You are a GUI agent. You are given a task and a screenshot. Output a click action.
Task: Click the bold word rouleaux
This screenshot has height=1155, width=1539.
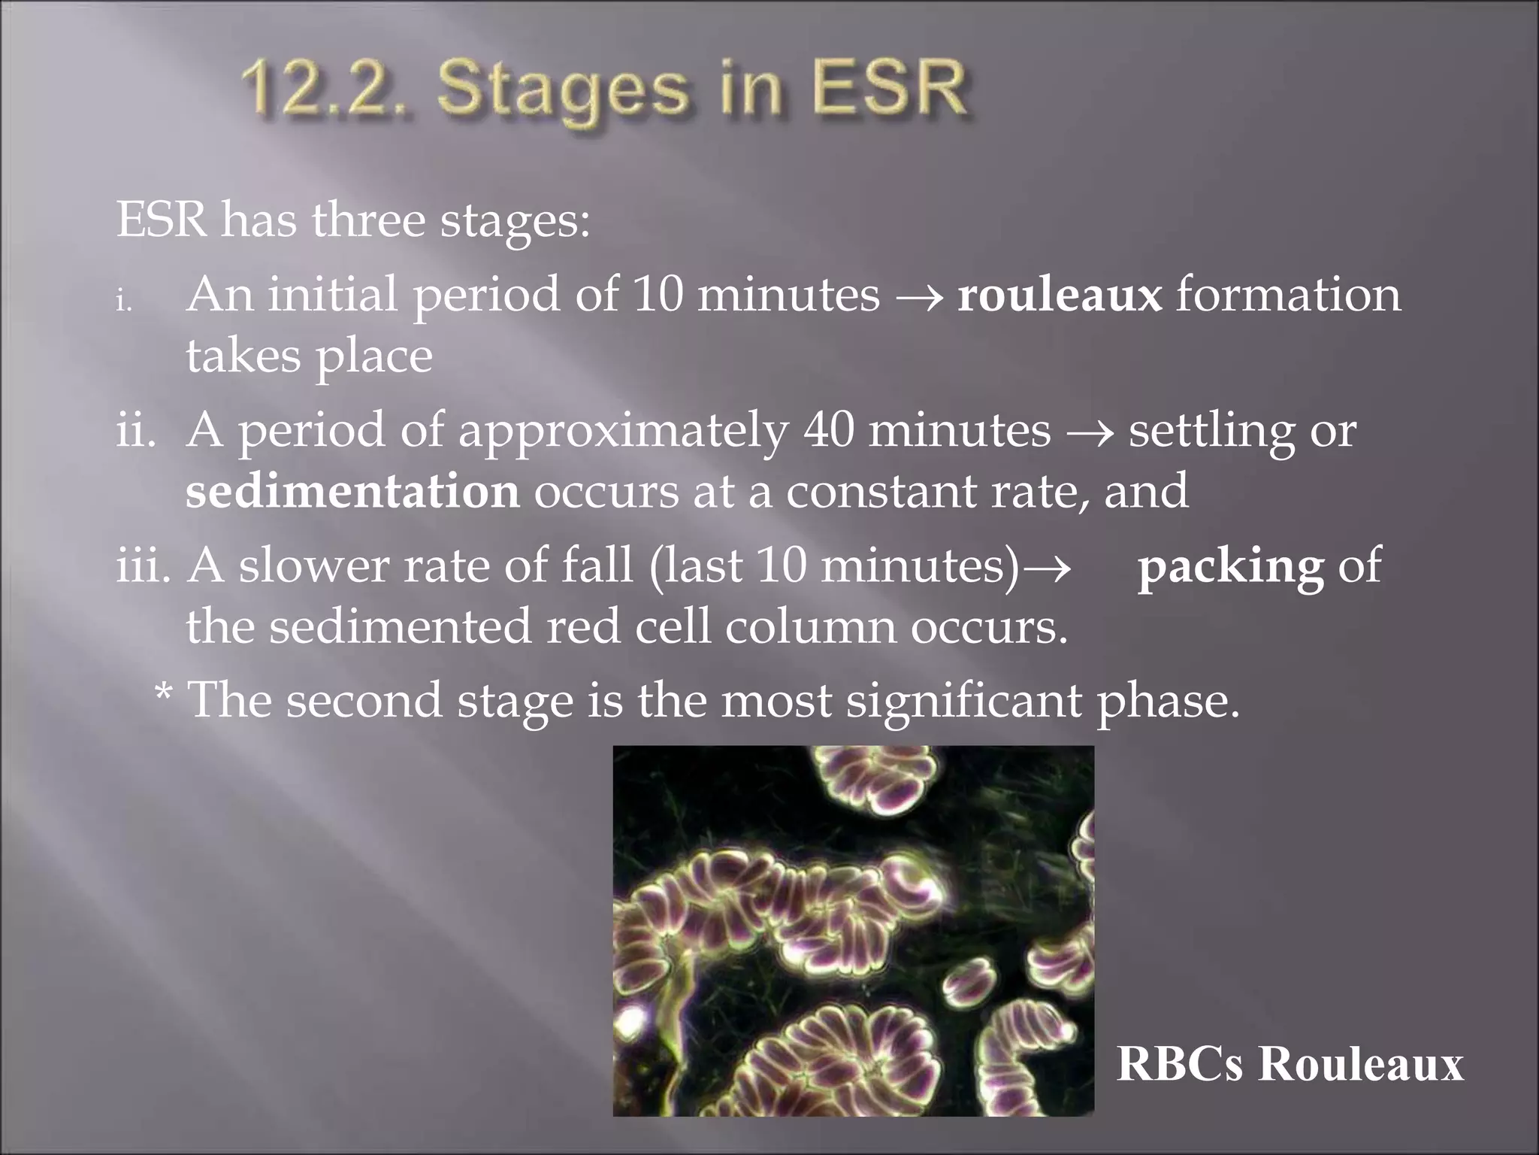pyautogui.click(x=1059, y=294)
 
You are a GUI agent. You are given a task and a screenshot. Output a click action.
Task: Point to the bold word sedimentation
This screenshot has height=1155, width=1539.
pyautogui.click(x=352, y=491)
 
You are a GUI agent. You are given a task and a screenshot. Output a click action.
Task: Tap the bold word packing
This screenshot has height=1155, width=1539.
pyautogui.click(x=1230, y=565)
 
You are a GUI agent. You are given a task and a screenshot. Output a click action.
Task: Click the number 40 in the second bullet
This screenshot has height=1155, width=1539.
pyautogui.click(x=828, y=430)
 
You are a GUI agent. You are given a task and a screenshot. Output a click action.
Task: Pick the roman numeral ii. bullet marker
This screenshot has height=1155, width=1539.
pyautogui.click(x=136, y=431)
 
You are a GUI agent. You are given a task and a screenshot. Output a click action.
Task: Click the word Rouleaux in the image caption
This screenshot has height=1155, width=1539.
pyautogui.click(x=1361, y=1063)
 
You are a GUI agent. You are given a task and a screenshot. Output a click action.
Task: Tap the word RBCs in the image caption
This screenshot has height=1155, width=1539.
pyautogui.click(x=1180, y=1063)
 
